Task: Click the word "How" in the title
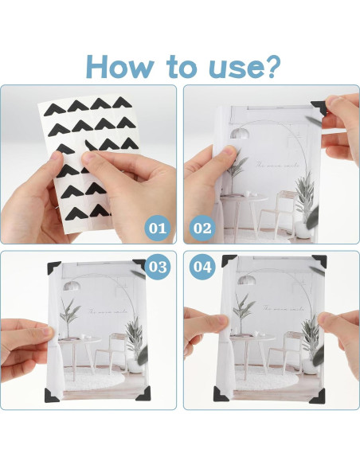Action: point(120,67)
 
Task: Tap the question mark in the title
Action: point(270,66)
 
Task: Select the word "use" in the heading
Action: point(234,70)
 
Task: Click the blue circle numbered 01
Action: point(158,228)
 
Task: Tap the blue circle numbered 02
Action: point(202,228)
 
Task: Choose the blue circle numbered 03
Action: point(158,267)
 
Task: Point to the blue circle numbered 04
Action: point(202,267)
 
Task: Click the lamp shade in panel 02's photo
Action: point(239,133)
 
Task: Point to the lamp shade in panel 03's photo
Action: point(72,286)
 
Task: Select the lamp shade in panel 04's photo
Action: point(247,279)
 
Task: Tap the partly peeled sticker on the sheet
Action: point(90,146)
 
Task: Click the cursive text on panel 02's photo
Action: point(277,166)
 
